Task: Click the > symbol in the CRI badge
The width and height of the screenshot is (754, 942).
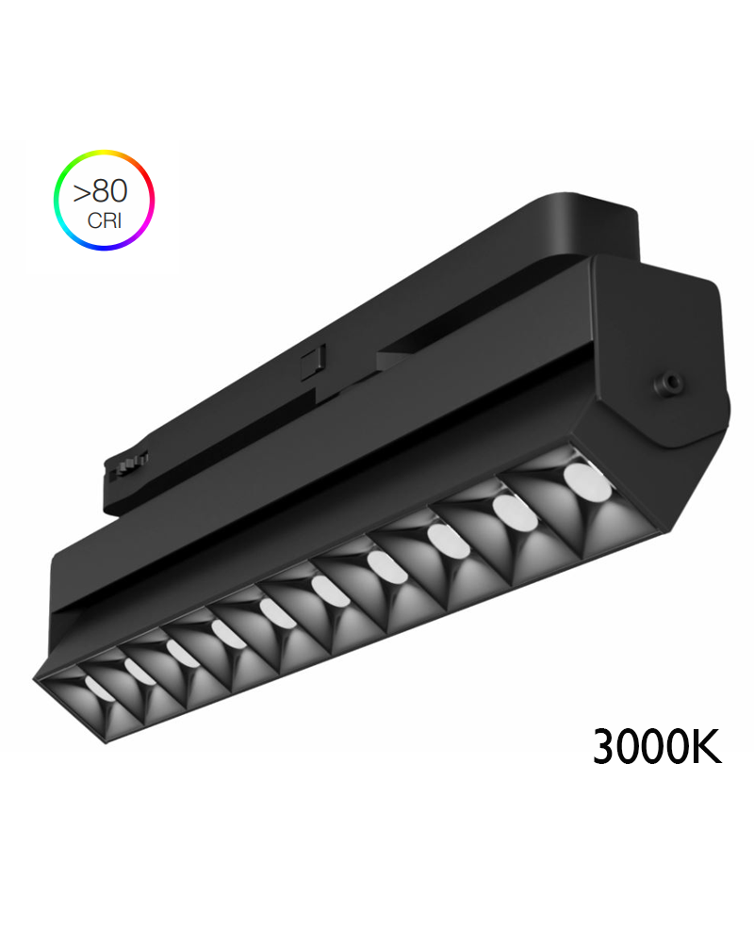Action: pos(82,192)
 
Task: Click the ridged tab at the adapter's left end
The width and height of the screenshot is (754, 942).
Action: pos(130,463)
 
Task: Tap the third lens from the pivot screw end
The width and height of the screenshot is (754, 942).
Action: pos(442,540)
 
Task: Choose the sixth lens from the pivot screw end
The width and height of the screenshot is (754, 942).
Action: pos(278,613)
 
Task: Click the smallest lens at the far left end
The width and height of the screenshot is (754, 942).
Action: pos(97,687)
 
